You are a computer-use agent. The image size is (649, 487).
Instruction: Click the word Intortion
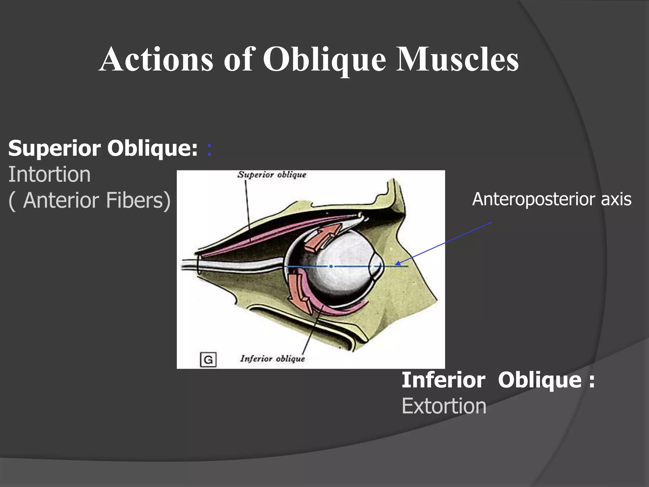(x=49, y=174)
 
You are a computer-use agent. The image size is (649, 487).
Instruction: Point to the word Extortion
(x=444, y=406)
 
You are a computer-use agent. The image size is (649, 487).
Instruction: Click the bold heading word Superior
(x=55, y=148)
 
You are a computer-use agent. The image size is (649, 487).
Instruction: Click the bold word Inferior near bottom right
(x=443, y=380)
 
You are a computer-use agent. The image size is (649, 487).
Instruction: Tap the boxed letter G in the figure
(x=208, y=360)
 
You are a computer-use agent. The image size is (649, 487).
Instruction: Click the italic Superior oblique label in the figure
(x=272, y=175)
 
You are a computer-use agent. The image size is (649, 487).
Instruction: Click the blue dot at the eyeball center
(x=331, y=266)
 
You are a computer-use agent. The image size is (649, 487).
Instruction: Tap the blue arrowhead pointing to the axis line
(x=397, y=263)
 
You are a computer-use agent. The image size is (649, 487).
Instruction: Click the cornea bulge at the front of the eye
(x=379, y=266)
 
